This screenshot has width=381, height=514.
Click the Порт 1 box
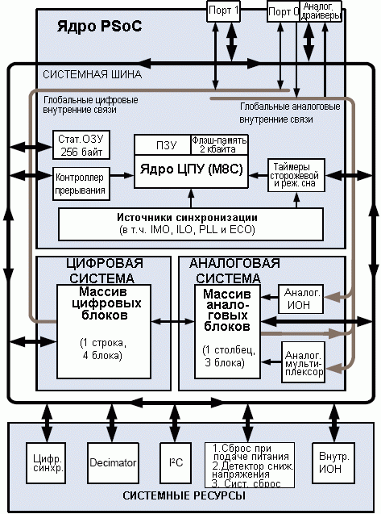click(x=223, y=10)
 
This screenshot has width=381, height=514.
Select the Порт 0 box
click(x=284, y=11)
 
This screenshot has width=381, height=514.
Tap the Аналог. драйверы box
click(x=321, y=11)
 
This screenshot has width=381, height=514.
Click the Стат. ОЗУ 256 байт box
click(x=81, y=145)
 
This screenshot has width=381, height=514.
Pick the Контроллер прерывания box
click(x=81, y=184)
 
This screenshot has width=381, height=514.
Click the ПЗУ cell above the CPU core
click(x=163, y=144)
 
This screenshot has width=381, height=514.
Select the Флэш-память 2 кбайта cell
click(x=219, y=144)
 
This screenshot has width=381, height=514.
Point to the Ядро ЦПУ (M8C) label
click(x=191, y=169)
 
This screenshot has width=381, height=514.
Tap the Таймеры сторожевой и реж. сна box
click(x=296, y=175)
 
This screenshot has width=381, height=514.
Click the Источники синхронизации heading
click(x=187, y=217)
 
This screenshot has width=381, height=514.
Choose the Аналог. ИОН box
click(x=300, y=299)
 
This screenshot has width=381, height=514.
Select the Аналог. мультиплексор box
click(x=304, y=362)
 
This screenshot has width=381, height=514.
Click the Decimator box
click(x=113, y=463)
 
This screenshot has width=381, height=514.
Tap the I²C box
click(x=176, y=463)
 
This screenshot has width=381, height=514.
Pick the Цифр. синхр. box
click(x=48, y=463)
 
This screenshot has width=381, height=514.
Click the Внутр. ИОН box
click(x=333, y=463)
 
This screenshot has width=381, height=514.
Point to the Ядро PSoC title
click(x=100, y=26)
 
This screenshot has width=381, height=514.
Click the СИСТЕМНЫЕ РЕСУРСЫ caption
click(x=184, y=495)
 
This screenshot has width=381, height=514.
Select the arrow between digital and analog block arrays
click(x=173, y=322)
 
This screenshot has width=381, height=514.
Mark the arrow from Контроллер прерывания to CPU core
click(x=122, y=176)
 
